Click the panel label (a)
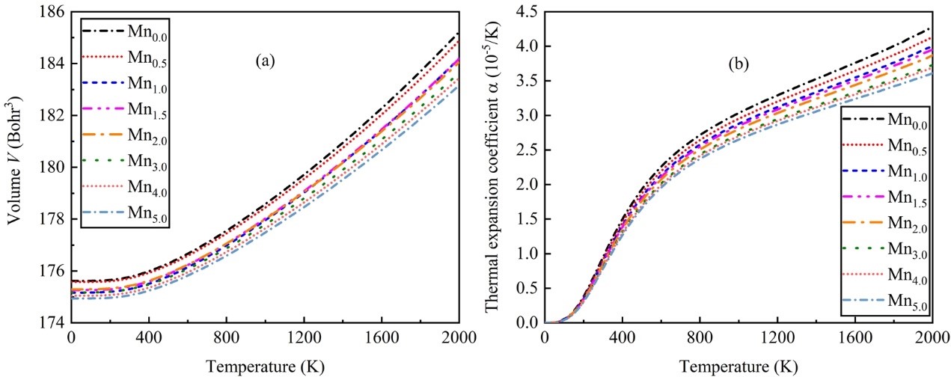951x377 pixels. point(264,63)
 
